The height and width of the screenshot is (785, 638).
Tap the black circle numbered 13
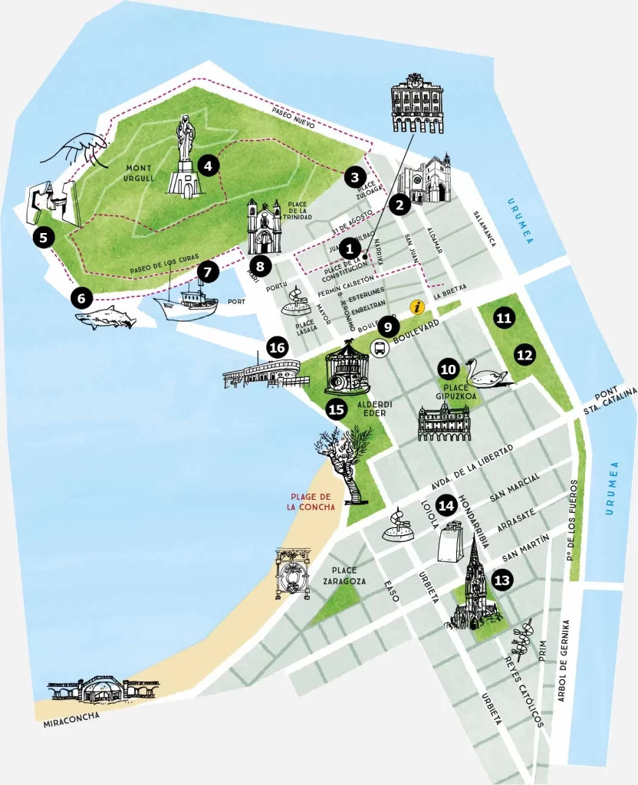(x=502, y=580)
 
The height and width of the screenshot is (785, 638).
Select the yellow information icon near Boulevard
(x=417, y=307)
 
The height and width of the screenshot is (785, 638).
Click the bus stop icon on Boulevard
(x=380, y=348)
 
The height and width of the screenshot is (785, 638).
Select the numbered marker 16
(x=277, y=348)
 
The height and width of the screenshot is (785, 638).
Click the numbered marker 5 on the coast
(x=44, y=238)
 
